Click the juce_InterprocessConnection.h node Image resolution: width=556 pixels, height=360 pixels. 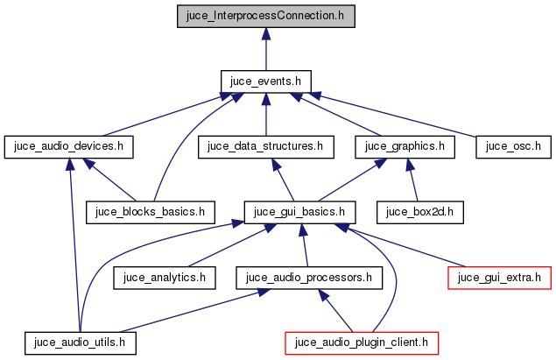[x=266, y=16]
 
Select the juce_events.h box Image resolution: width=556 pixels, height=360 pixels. [x=265, y=81]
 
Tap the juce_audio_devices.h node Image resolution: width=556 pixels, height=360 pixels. [x=68, y=146]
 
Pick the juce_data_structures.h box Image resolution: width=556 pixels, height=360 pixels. [x=266, y=146]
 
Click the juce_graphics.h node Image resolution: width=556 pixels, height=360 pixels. [x=405, y=146]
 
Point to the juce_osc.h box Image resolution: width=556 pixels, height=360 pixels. [x=512, y=146]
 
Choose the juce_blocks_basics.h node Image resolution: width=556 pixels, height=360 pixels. [x=150, y=211]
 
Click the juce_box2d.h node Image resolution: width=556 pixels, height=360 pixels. [x=419, y=211]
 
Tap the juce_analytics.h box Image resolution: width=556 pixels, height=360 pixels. [x=165, y=278]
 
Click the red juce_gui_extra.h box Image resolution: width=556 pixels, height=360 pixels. [x=499, y=278]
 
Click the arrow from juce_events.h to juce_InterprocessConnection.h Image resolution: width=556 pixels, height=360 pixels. [x=265, y=48]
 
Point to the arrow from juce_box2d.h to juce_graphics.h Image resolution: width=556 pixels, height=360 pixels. [x=413, y=179]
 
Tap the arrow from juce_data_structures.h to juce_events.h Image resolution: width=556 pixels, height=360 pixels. [x=265, y=114]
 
